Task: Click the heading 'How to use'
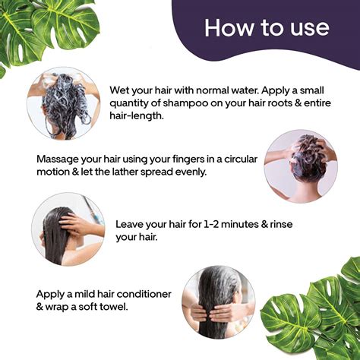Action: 266,28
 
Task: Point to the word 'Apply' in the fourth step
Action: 52,293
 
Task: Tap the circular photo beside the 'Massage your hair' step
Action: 300,166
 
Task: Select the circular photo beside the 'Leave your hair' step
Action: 68,227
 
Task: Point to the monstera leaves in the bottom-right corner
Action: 315,311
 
